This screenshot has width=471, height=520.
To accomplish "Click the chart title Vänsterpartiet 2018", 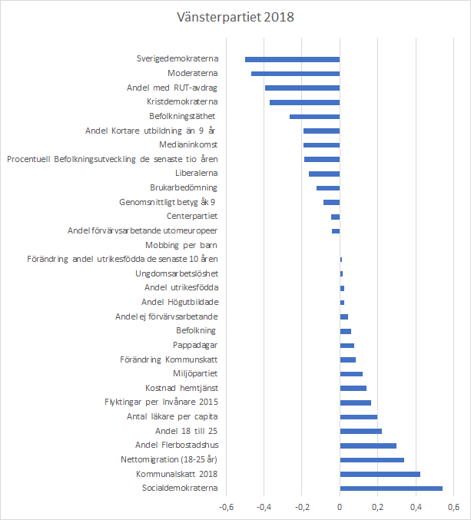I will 235,16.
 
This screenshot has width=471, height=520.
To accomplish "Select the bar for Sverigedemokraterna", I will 292,59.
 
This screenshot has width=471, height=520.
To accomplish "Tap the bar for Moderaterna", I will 295,74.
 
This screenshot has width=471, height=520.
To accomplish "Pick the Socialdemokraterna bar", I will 391,488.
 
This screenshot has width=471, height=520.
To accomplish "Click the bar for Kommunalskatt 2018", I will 380,474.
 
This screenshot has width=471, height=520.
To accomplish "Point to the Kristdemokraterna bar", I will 304,102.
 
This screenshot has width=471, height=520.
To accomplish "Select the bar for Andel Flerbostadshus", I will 368,445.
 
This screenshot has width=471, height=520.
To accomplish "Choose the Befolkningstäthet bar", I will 314,117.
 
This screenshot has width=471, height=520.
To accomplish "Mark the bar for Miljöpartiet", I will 351,373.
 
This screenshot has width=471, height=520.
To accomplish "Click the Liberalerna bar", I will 324,174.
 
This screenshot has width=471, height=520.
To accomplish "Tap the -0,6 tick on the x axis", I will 226,507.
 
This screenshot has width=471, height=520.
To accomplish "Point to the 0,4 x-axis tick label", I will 416,507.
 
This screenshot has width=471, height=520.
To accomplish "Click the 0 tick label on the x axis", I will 340,507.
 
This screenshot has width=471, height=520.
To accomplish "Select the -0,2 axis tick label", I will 301,507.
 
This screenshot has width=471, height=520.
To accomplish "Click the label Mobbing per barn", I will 183,245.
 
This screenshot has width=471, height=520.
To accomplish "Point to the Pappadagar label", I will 195,345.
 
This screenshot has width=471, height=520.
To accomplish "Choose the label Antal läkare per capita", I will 172,416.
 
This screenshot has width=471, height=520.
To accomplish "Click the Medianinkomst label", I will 188,145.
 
